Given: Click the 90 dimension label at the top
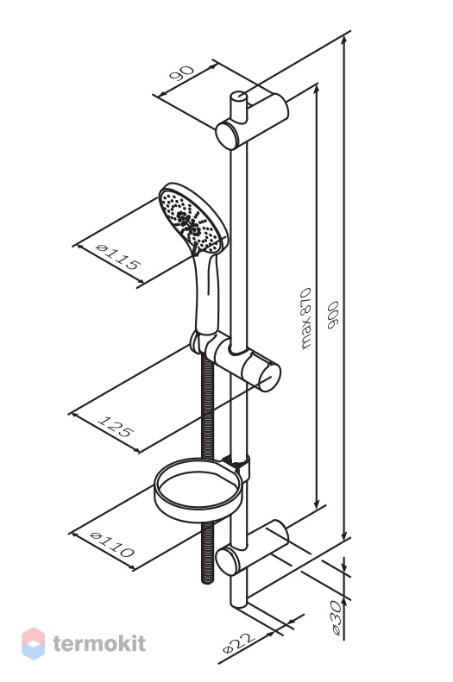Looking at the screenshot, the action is click(x=181, y=74).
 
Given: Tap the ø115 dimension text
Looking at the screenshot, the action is click(x=118, y=257).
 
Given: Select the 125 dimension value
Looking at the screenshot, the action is click(x=114, y=426).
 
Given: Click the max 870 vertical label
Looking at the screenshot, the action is click(x=307, y=318).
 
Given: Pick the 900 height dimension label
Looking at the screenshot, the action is click(x=333, y=315).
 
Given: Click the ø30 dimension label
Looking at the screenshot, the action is click(x=335, y=618).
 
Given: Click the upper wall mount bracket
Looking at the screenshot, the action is click(x=253, y=122).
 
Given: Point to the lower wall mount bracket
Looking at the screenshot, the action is click(x=253, y=548).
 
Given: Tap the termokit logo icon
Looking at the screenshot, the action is click(x=34, y=643).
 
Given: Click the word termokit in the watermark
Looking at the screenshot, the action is click(x=99, y=644).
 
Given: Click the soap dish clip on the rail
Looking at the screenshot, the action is click(x=237, y=466).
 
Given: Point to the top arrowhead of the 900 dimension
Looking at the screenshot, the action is click(x=344, y=40).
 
